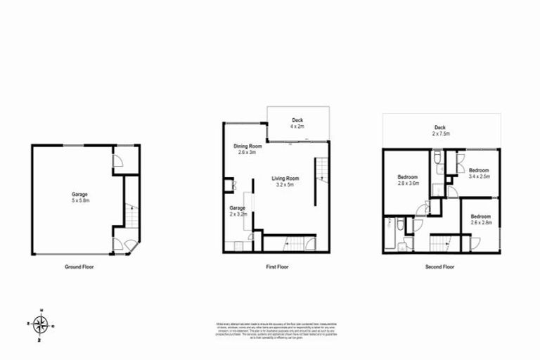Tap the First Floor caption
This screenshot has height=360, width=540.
pos(278,267)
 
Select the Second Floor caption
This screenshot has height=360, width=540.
pos(441,267)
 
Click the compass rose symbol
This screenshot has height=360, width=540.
pos(41,324)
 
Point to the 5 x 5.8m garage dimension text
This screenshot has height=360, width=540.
pos(79,200)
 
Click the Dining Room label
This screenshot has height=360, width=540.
pos(247,146)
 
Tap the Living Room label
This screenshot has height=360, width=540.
pos(285,179)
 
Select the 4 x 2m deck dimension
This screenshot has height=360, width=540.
pos(297,127)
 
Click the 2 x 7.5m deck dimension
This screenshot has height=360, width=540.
pos(441,134)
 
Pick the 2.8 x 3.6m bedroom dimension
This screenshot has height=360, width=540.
pos(408,183)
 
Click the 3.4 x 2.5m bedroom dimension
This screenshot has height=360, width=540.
pos(479,176)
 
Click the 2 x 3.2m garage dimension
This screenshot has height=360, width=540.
pos(238,214)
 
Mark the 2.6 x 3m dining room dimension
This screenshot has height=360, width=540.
pos(247,152)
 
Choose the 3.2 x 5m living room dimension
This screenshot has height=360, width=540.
pos(285,185)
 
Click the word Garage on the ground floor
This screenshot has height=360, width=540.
pos(79,194)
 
